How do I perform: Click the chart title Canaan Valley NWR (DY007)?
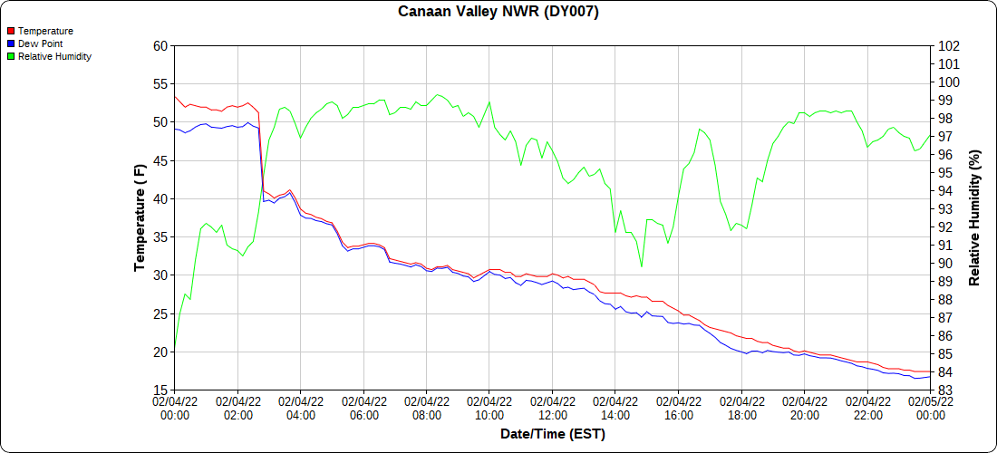[498, 12]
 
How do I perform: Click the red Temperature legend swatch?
[11, 31]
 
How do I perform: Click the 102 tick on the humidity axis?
[950, 46]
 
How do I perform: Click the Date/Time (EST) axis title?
[553, 434]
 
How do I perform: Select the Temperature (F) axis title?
[140, 217]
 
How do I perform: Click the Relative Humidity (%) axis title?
[975, 217]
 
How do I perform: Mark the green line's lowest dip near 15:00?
[642, 266]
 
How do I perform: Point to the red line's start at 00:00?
[175, 96]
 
